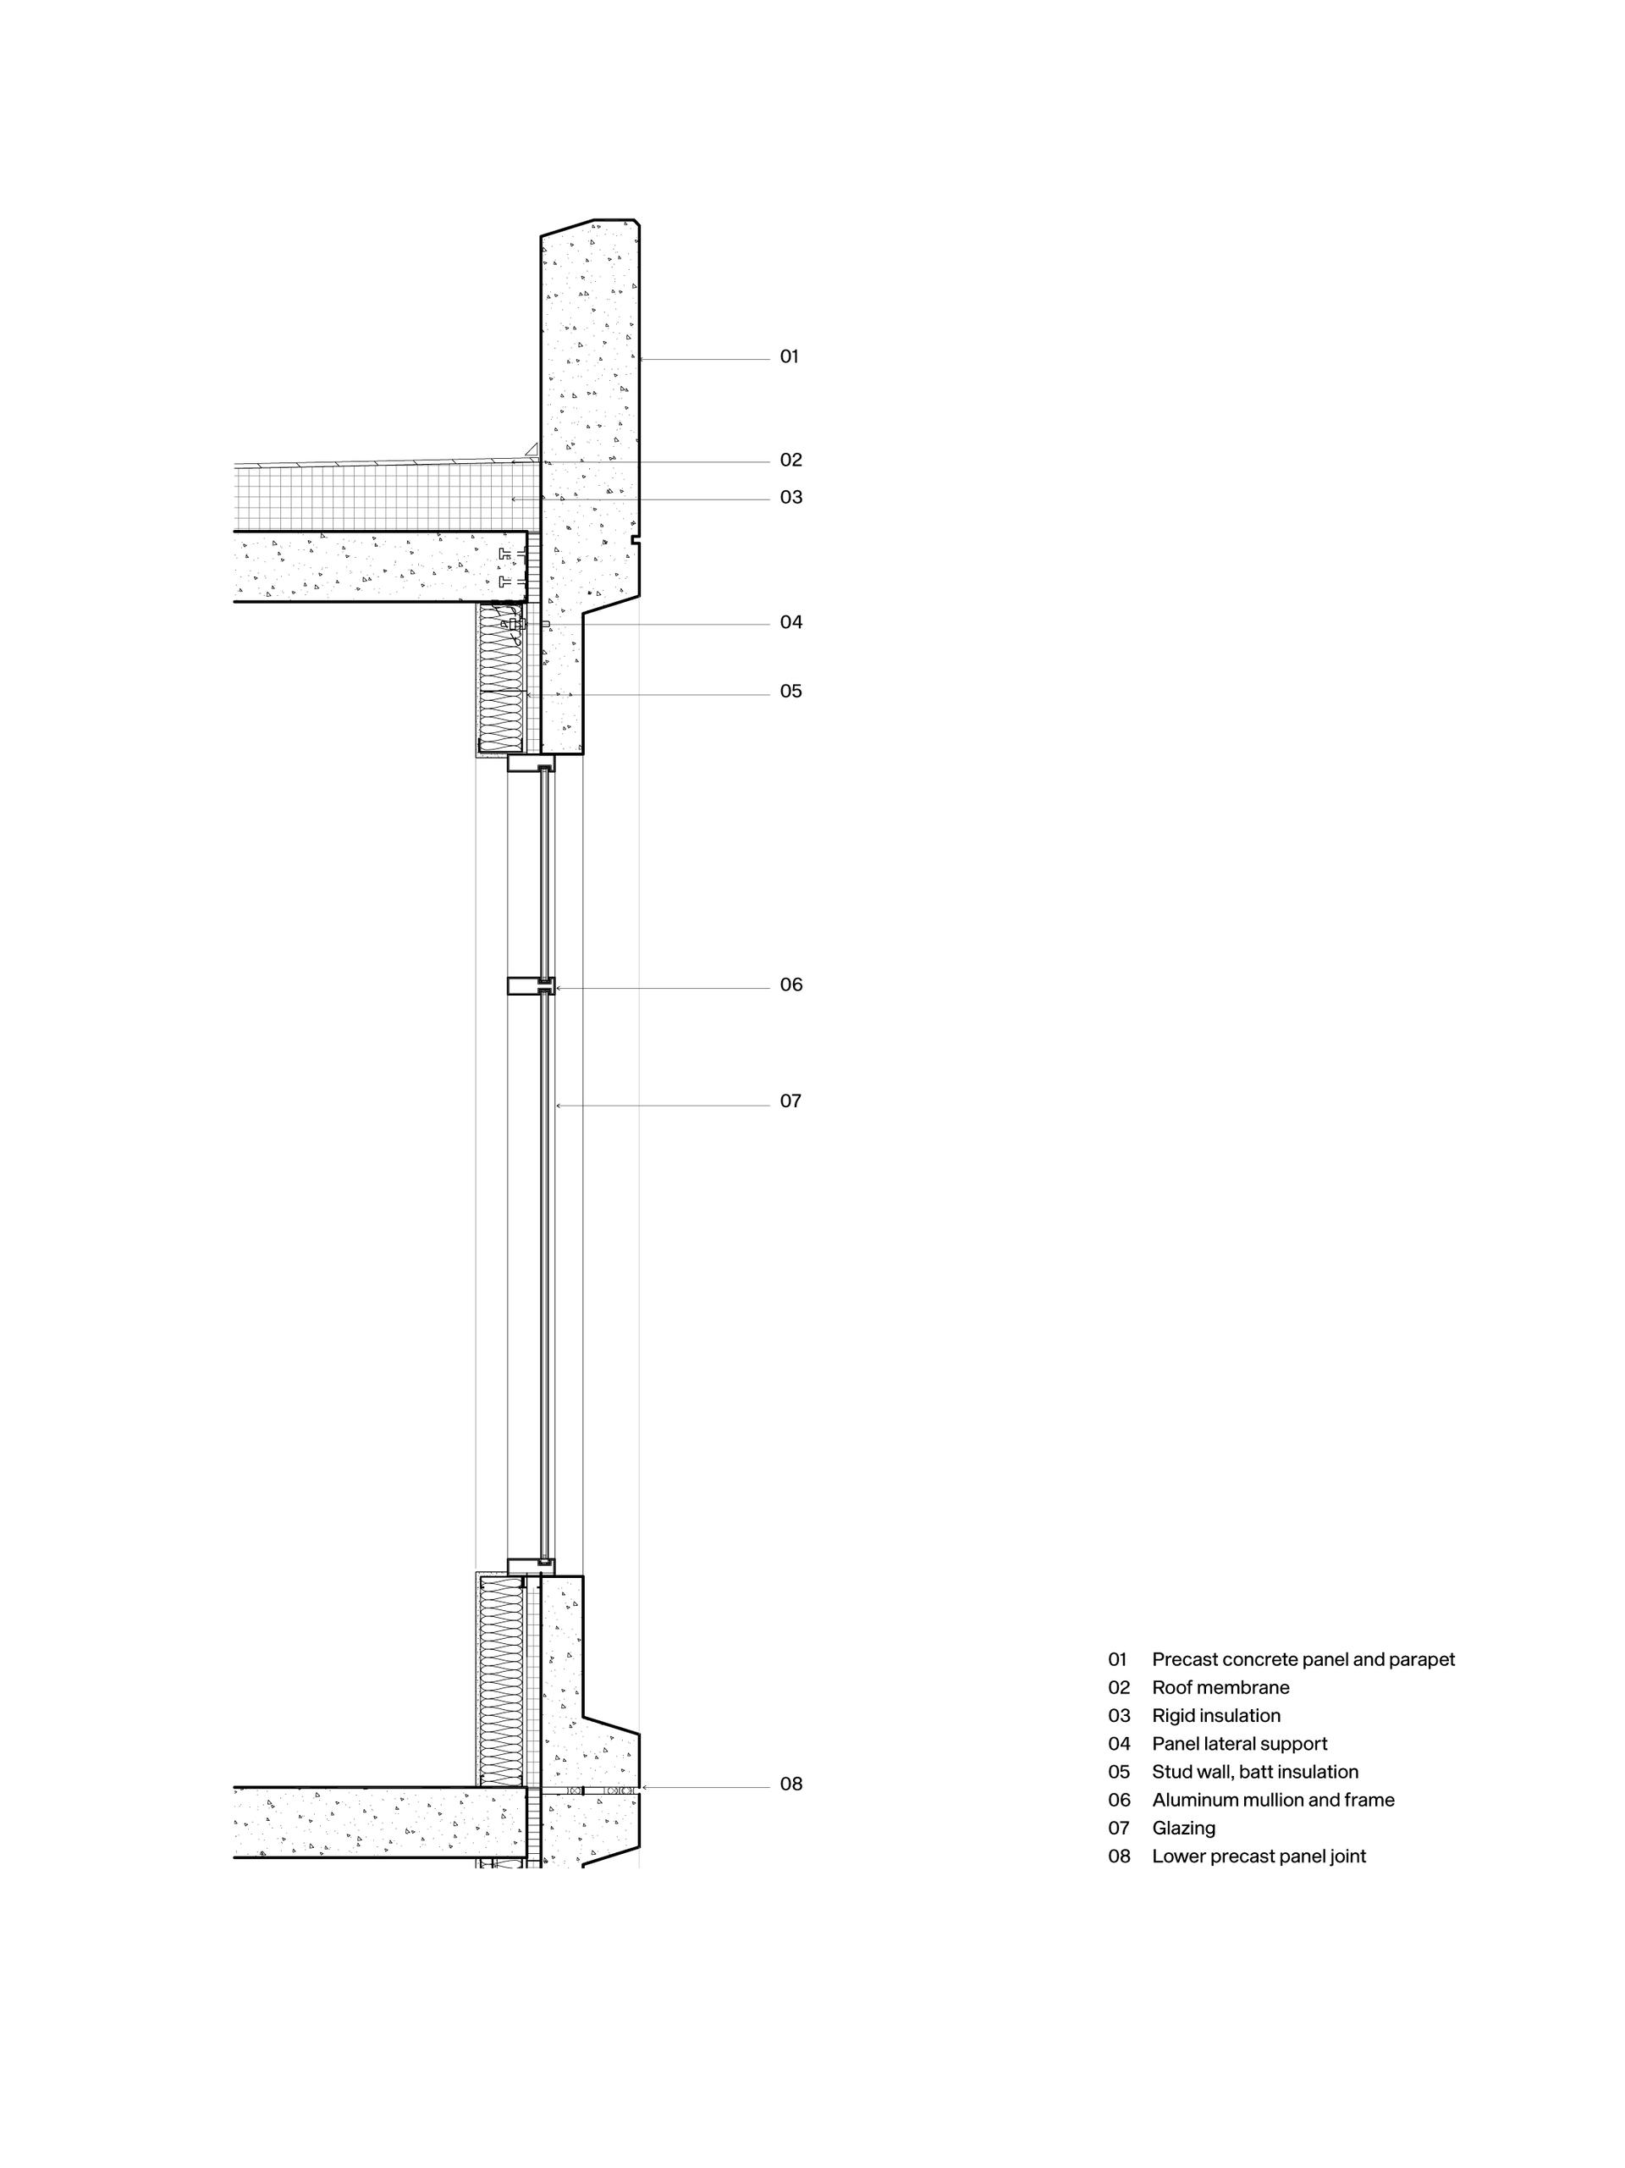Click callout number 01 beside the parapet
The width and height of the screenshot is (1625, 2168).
tap(789, 356)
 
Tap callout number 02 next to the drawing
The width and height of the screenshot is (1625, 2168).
tap(790, 460)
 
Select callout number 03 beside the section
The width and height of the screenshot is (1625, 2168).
tap(790, 497)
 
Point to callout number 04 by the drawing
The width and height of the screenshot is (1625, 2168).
tap(790, 621)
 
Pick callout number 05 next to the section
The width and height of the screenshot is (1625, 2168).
tap(790, 691)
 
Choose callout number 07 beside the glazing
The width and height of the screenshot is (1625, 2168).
tap(790, 1101)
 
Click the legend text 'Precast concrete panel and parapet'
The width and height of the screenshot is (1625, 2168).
tap(1303, 1659)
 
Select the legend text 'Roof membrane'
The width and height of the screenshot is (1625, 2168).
tap(1220, 1688)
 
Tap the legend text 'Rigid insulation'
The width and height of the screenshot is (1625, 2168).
tap(1215, 1715)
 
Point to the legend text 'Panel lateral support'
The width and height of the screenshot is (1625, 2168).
tap(1239, 1744)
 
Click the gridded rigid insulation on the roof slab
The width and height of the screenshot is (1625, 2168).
tap(386, 498)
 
